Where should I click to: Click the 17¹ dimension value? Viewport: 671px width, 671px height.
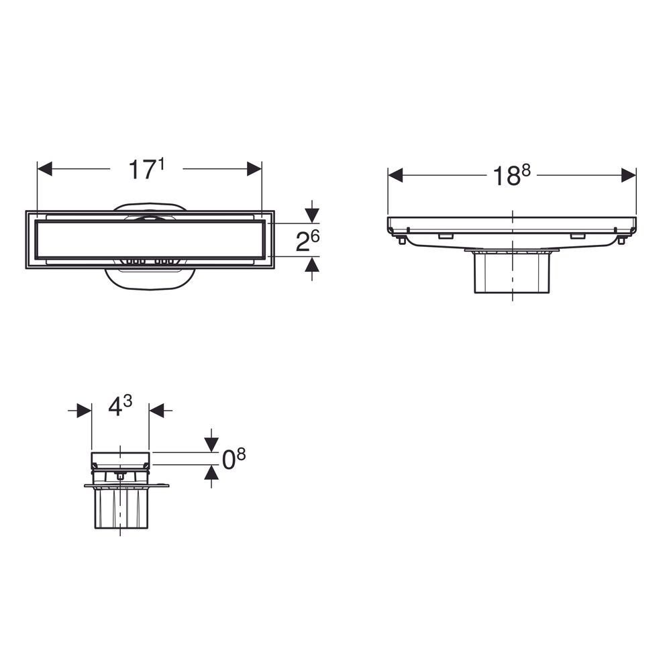click(146, 169)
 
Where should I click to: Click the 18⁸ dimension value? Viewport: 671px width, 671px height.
click(511, 175)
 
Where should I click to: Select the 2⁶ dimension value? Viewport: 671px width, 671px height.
click(308, 241)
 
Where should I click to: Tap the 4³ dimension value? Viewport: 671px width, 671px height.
click(120, 406)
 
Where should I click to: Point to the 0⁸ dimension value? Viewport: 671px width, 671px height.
click(234, 459)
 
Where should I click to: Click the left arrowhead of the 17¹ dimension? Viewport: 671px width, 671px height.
click(45, 168)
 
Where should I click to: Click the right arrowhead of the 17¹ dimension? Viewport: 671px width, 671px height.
click(254, 168)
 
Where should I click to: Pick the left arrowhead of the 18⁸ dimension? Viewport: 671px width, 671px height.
click(395, 175)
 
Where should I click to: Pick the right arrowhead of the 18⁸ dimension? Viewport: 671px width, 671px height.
click(629, 175)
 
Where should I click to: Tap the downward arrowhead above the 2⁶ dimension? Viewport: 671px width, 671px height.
click(313, 215)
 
